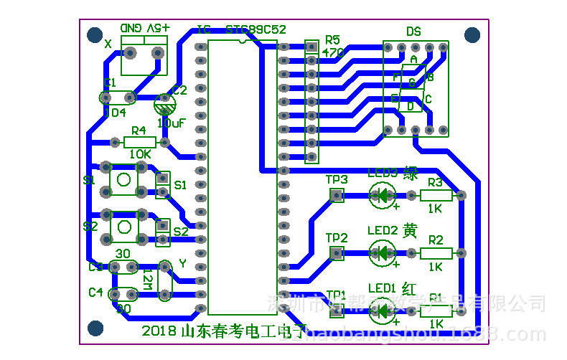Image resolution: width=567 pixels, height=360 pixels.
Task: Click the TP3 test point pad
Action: [x=336, y=195]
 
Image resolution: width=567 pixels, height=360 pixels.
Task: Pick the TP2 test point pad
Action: [x=336, y=252]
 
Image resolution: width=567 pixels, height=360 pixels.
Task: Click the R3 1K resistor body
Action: [x=436, y=195]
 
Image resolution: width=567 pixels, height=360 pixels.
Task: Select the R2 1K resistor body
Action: [x=436, y=252]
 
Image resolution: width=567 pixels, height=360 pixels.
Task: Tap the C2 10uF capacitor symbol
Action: [x=165, y=106]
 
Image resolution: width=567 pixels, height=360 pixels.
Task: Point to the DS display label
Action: [x=414, y=32]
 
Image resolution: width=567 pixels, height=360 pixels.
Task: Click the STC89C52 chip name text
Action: [x=256, y=30]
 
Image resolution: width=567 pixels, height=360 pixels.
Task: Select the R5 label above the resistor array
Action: [x=333, y=39]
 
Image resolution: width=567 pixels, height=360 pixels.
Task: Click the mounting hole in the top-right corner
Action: [x=472, y=34]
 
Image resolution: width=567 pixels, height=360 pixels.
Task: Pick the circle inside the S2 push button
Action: [x=123, y=227]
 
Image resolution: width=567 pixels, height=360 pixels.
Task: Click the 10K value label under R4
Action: [x=140, y=154]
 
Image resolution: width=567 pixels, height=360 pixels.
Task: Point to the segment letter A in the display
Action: [x=413, y=58]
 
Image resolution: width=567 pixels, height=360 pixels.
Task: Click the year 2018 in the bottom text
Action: [x=159, y=332]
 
